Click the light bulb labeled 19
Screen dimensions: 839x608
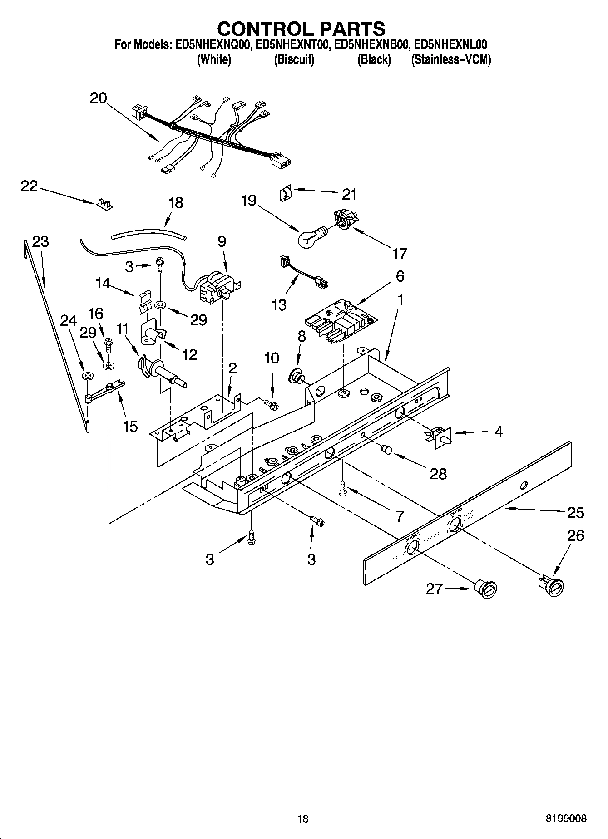310,237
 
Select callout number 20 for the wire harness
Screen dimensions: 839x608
98,98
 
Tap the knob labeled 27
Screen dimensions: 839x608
485,590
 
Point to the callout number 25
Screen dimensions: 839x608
575,513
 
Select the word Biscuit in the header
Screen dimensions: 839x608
294,59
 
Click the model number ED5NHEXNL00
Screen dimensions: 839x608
450,44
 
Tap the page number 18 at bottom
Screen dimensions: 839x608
303,819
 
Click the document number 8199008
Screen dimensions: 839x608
566,819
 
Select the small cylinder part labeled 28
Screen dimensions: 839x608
386,449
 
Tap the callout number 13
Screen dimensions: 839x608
279,304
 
